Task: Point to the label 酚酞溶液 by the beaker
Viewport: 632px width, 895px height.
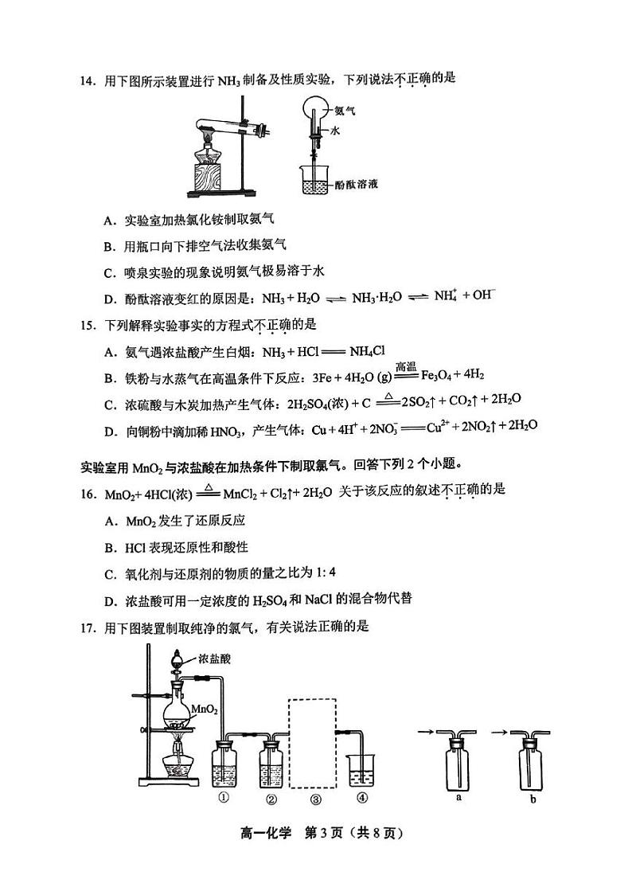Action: (x=355, y=184)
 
